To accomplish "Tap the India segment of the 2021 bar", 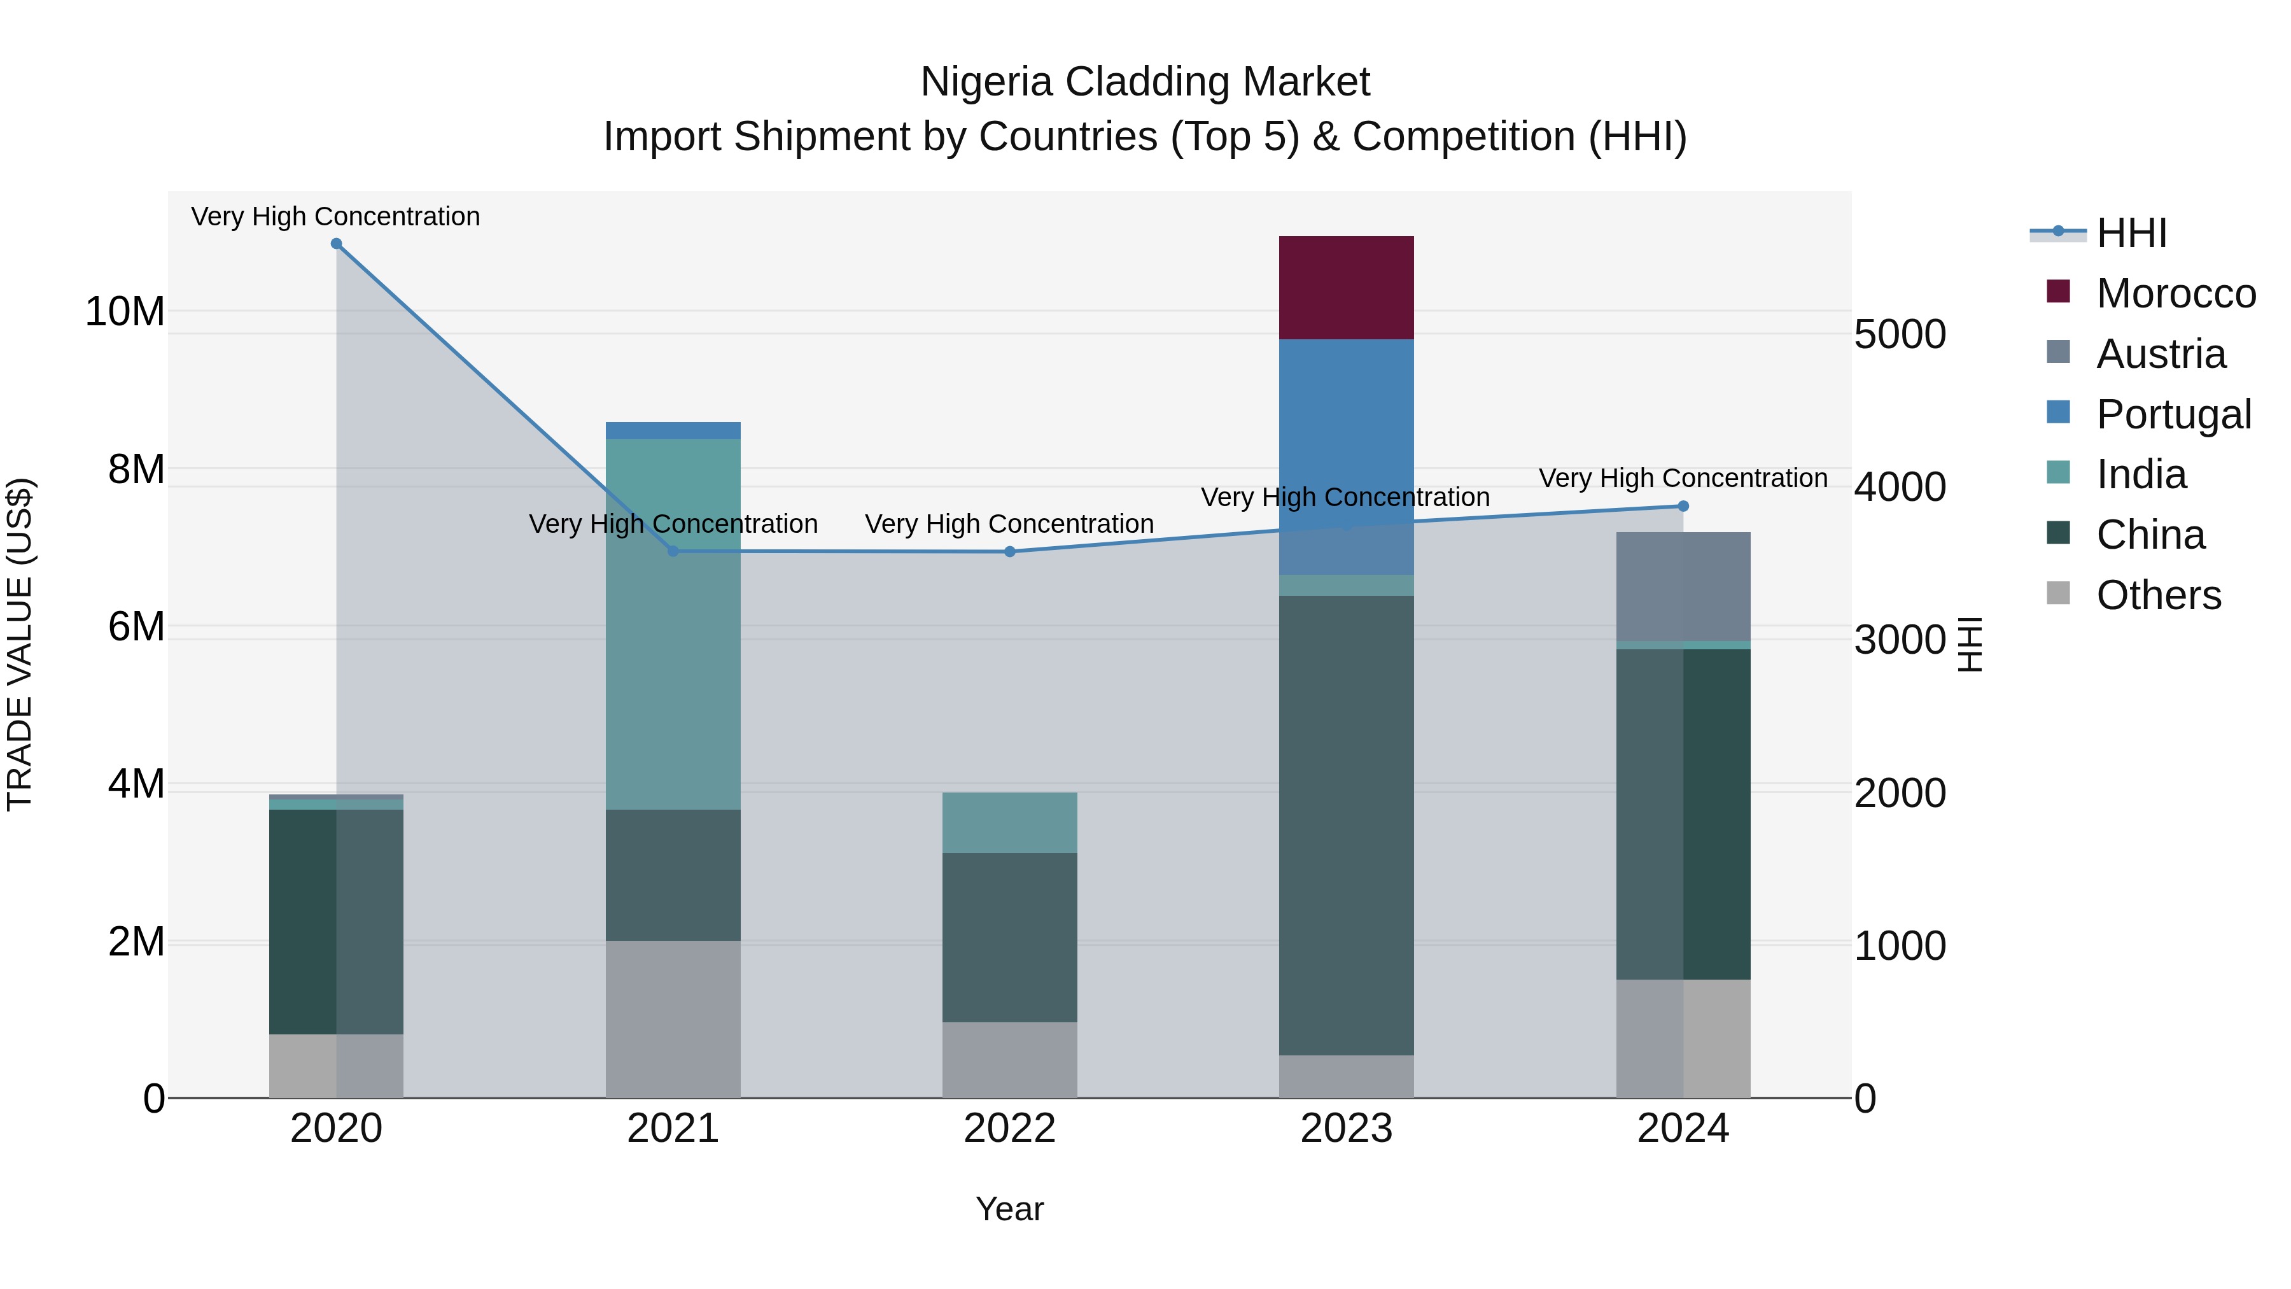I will (673, 623).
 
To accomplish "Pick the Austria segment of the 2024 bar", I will (1683, 586).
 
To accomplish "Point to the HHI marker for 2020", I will (336, 244).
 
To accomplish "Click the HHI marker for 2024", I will (1683, 506).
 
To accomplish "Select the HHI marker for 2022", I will (1009, 551).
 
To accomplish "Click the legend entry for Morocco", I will (2175, 293).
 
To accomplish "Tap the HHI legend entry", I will (2130, 233).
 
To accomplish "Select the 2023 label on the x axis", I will (1345, 1129).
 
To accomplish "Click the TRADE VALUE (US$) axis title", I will (20, 644).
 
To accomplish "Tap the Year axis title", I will (1009, 1209).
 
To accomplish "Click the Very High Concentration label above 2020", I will (335, 216).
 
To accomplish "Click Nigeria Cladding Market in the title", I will (1145, 82).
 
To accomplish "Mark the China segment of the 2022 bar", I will (1009, 937).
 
